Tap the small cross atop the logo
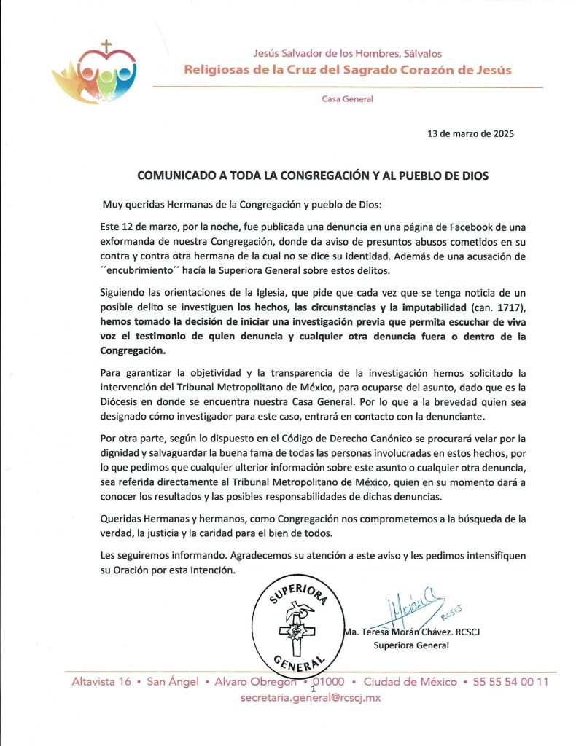(106, 47)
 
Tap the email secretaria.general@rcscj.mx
(311, 697)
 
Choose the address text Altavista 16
(101, 682)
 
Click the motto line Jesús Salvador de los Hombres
(347, 53)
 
